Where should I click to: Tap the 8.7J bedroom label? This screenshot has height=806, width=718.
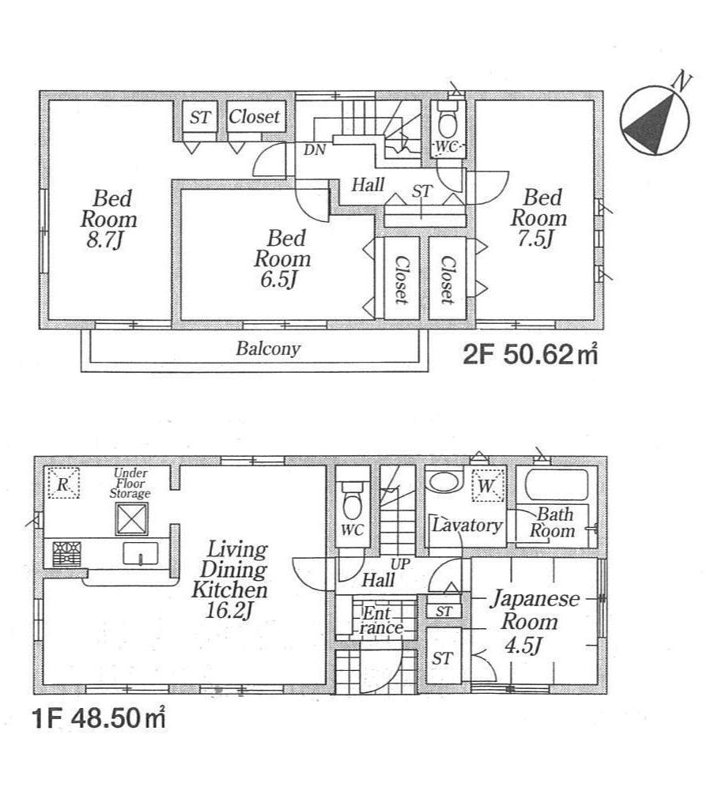[x=108, y=218]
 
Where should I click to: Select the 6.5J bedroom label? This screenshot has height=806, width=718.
[x=282, y=258]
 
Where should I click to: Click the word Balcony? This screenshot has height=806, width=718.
[x=268, y=348]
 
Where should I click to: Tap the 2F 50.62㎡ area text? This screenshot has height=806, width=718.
[x=529, y=355]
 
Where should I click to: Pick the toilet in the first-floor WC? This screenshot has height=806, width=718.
[x=350, y=497]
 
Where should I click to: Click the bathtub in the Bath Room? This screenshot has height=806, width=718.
[x=557, y=484]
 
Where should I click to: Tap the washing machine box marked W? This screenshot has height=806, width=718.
[x=486, y=486]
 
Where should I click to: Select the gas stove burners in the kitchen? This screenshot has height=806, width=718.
[x=67, y=552]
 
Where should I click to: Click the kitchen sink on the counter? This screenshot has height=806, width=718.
[x=141, y=554]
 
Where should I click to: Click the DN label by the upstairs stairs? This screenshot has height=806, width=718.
[x=314, y=148]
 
